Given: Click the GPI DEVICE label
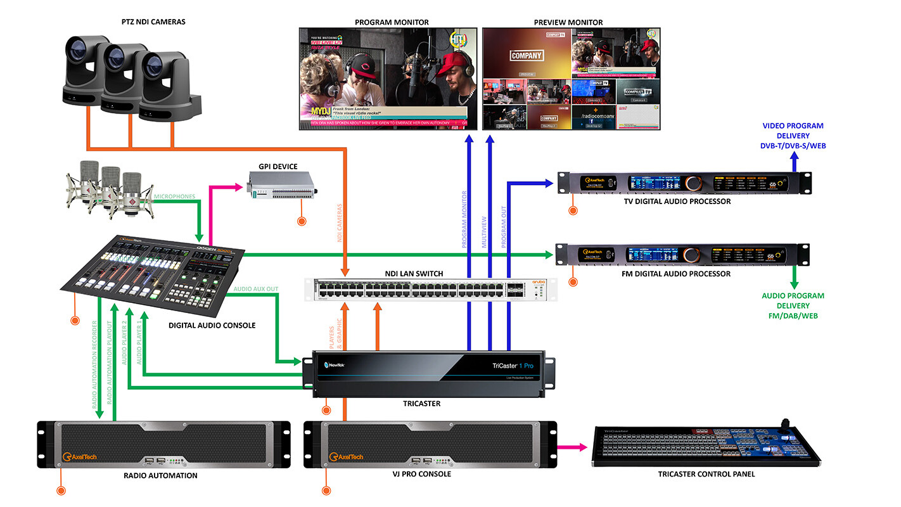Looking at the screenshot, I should pos(278,167).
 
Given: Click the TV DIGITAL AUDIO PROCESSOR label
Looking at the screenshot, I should pos(682,202).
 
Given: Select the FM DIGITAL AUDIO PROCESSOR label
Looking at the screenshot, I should pos(682,274).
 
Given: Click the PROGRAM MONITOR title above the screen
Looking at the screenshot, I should pos(392,22).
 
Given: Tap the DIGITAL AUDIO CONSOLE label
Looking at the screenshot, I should pos(212,326).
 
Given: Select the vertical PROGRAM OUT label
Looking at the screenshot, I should pos(504,222).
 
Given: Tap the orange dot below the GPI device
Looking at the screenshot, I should pos(302,221).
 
